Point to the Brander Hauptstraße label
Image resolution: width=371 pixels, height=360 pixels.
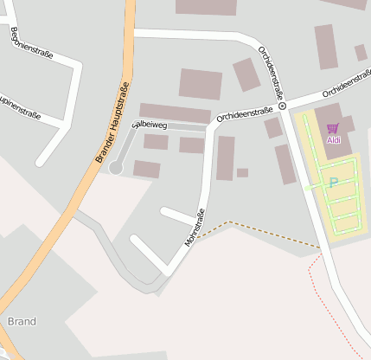tap(112, 122)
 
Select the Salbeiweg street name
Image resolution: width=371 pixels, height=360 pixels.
tap(148, 125)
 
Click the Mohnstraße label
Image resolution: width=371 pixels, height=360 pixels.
tap(194, 228)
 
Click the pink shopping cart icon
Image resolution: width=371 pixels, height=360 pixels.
tap(333, 128)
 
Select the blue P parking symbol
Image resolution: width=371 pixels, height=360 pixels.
tap(333, 183)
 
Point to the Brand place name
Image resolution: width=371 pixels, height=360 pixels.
tap(22, 321)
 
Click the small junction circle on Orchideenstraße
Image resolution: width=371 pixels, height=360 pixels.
tap(282, 106)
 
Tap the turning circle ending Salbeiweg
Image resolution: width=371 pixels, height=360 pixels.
tap(115, 168)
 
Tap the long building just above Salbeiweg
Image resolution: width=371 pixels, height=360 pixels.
tap(175, 112)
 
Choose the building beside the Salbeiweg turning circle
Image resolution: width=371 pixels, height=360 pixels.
tap(146, 169)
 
